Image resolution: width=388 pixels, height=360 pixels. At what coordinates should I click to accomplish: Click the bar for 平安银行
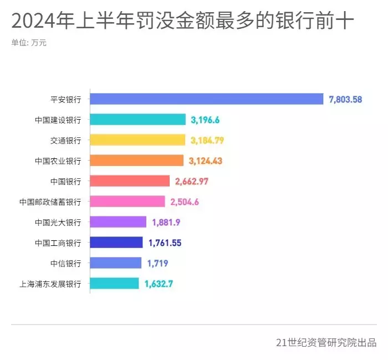click(x=206, y=99)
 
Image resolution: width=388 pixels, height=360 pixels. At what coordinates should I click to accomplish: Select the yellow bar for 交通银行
click(x=137, y=140)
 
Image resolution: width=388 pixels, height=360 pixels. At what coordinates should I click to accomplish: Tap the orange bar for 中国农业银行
click(x=136, y=161)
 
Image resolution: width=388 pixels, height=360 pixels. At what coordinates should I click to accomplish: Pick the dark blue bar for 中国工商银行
click(x=116, y=243)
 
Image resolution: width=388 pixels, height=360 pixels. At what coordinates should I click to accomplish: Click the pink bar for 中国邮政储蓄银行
click(x=127, y=202)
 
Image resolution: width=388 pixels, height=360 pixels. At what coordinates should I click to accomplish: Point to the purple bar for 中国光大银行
click(x=118, y=222)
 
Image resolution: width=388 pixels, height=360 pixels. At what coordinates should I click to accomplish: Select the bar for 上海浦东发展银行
click(x=114, y=284)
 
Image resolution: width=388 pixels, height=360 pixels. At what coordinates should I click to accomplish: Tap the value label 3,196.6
click(x=205, y=120)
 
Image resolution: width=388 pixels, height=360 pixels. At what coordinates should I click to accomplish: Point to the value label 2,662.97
click(x=191, y=182)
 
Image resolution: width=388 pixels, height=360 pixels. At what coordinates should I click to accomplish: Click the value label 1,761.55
click(x=165, y=243)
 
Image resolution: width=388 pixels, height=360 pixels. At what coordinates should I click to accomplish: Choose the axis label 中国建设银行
click(x=58, y=120)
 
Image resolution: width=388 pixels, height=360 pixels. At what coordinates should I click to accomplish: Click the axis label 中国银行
click(x=65, y=181)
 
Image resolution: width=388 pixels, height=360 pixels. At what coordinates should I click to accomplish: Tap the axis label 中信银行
click(x=65, y=263)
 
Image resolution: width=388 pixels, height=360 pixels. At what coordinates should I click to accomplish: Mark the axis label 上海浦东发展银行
click(x=50, y=284)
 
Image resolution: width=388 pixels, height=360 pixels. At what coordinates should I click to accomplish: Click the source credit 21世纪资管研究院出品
click(x=326, y=342)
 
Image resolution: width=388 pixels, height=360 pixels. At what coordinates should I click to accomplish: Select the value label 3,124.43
click(x=205, y=161)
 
